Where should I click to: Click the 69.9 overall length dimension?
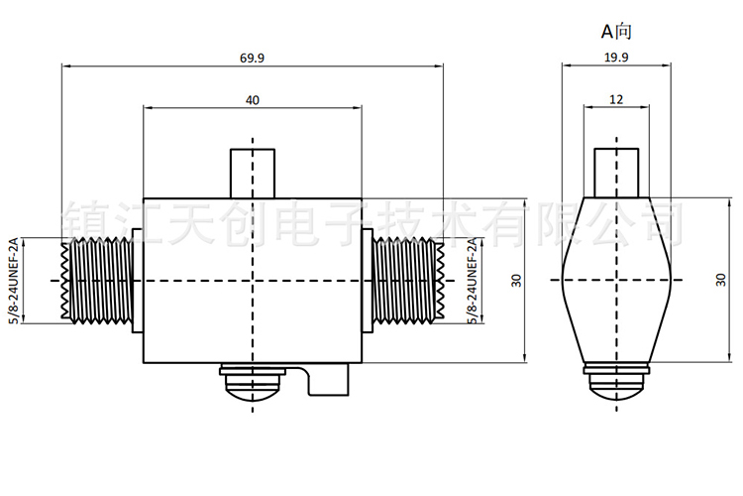[x=252, y=59]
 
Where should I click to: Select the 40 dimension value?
[x=253, y=100]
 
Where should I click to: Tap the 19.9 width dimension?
[x=616, y=58]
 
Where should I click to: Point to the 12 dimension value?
[x=616, y=99]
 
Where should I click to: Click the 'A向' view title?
[x=616, y=32]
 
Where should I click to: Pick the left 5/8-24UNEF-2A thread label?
[x=13, y=281]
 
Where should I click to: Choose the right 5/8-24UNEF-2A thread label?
[x=473, y=281]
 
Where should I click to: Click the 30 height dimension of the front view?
[x=516, y=281]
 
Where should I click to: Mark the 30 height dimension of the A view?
[x=721, y=280]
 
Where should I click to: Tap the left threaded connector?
[x=96, y=281]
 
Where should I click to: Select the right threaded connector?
[x=408, y=281]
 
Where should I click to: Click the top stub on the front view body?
[x=253, y=174]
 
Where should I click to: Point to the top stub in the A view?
[x=616, y=173]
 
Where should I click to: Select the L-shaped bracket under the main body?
[x=327, y=379]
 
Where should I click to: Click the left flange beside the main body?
[x=138, y=281]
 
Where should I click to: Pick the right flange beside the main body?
[x=368, y=281]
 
